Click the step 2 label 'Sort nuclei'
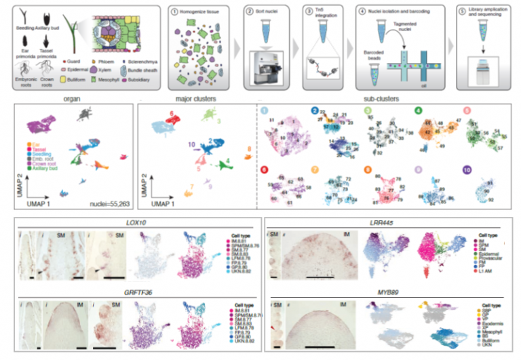(273, 11)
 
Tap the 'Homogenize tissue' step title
(195, 11)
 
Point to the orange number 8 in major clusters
(248, 148)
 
